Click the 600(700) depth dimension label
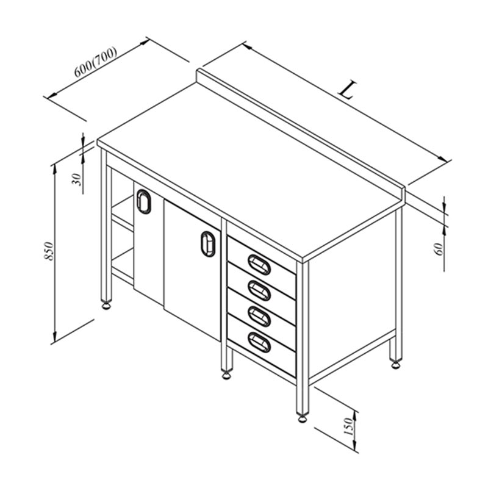[x=96, y=62]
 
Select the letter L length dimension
[x=347, y=90]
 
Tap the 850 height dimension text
[x=49, y=251]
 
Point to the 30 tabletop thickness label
[x=77, y=179]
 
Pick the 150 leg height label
[x=348, y=426]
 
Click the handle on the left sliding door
[x=143, y=201]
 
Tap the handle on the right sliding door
[x=208, y=243]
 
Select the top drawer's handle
[x=259, y=265]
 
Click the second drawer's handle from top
[x=259, y=290]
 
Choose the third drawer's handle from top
[x=259, y=316]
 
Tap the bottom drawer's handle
[x=259, y=342]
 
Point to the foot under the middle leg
[x=226, y=375]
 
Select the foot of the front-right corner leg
[x=302, y=418]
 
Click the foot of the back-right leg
[x=395, y=364]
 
